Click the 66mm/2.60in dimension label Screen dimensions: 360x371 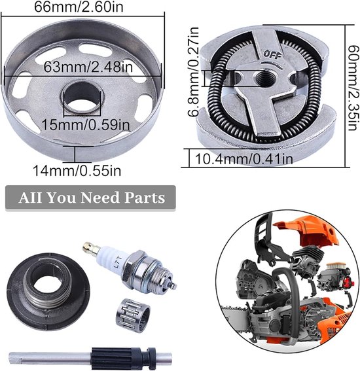click(x=79, y=7)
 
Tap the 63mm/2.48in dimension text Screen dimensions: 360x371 click(x=88, y=67)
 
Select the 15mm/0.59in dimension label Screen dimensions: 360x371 click(x=86, y=124)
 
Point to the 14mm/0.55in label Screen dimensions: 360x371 click(x=77, y=170)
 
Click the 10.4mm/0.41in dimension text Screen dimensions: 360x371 click(x=243, y=158)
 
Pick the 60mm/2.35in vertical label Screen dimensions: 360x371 click(x=353, y=88)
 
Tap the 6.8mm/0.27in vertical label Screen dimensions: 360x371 click(x=193, y=72)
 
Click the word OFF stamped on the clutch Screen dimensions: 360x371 click(x=272, y=55)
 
